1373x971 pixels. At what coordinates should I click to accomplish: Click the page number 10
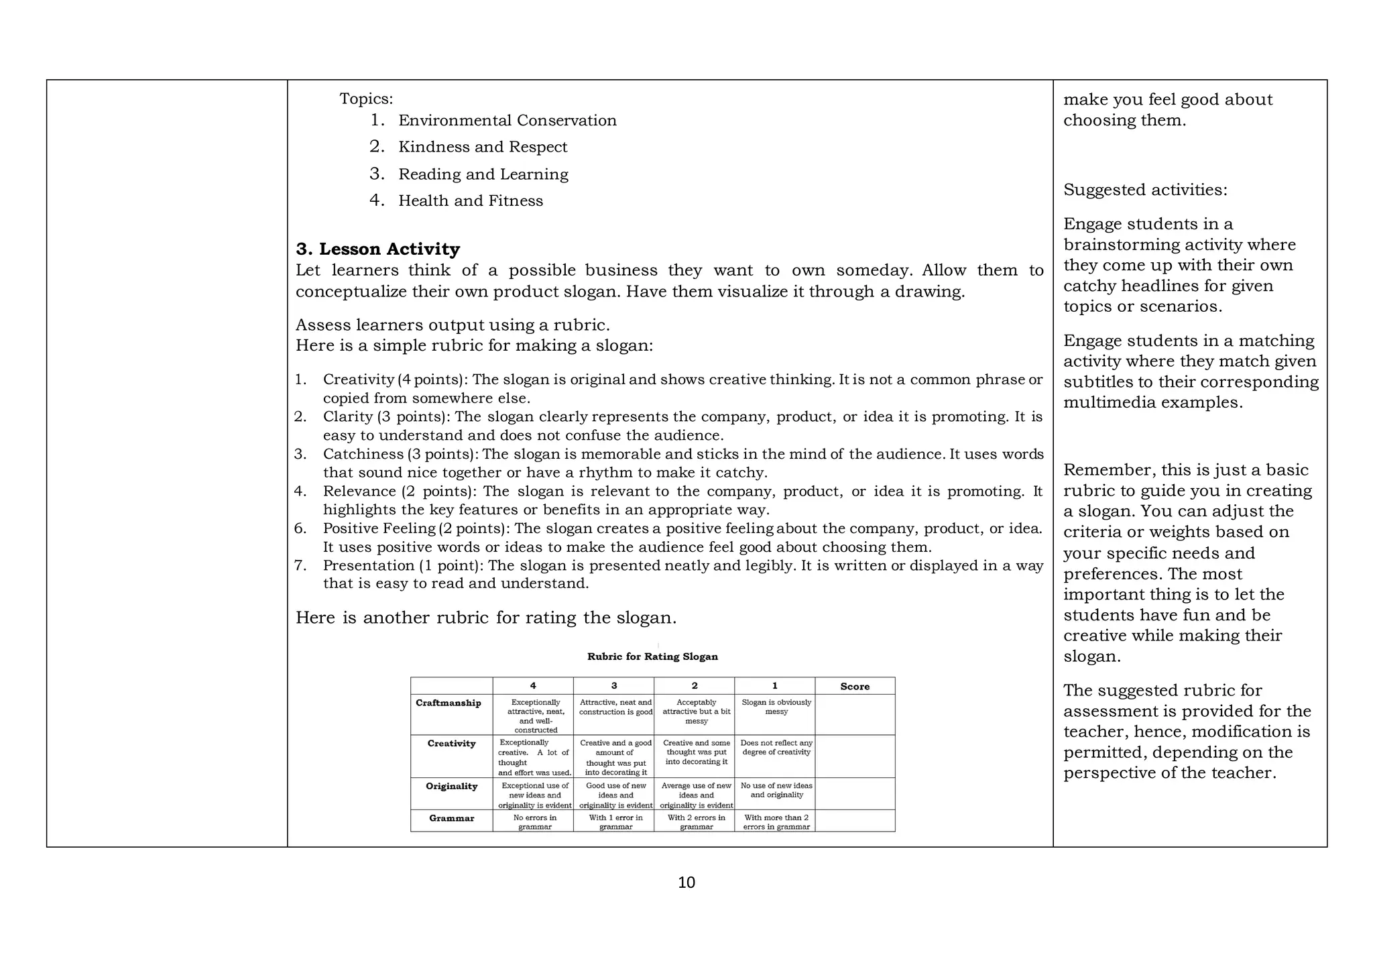[686, 882]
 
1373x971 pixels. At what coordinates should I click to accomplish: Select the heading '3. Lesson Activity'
[377, 249]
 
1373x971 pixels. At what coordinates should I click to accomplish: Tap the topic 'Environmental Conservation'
[507, 121]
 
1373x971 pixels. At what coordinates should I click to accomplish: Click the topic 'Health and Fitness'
[470, 201]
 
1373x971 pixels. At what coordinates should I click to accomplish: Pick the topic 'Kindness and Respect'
[482, 148]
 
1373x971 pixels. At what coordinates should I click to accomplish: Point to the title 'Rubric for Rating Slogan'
[652, 657]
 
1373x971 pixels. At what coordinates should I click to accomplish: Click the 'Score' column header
[855, 686]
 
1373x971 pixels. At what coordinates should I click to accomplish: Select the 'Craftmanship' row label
[449, 703]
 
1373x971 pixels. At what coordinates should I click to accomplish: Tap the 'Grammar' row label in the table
[451, 819]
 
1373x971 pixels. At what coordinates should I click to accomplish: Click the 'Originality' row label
[451, 787]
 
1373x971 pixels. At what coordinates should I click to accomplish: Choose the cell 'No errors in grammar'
[534, 822]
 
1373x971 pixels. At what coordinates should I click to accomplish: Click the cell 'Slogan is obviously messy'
[776, 707]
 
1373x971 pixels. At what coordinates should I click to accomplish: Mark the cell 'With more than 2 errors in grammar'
[776, 822]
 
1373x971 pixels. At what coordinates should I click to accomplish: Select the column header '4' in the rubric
[533, 686]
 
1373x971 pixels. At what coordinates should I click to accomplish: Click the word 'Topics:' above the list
[366, 99]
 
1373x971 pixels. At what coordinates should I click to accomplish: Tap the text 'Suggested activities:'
[1145, 190]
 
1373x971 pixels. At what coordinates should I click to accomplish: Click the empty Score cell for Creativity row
[855, 756]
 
